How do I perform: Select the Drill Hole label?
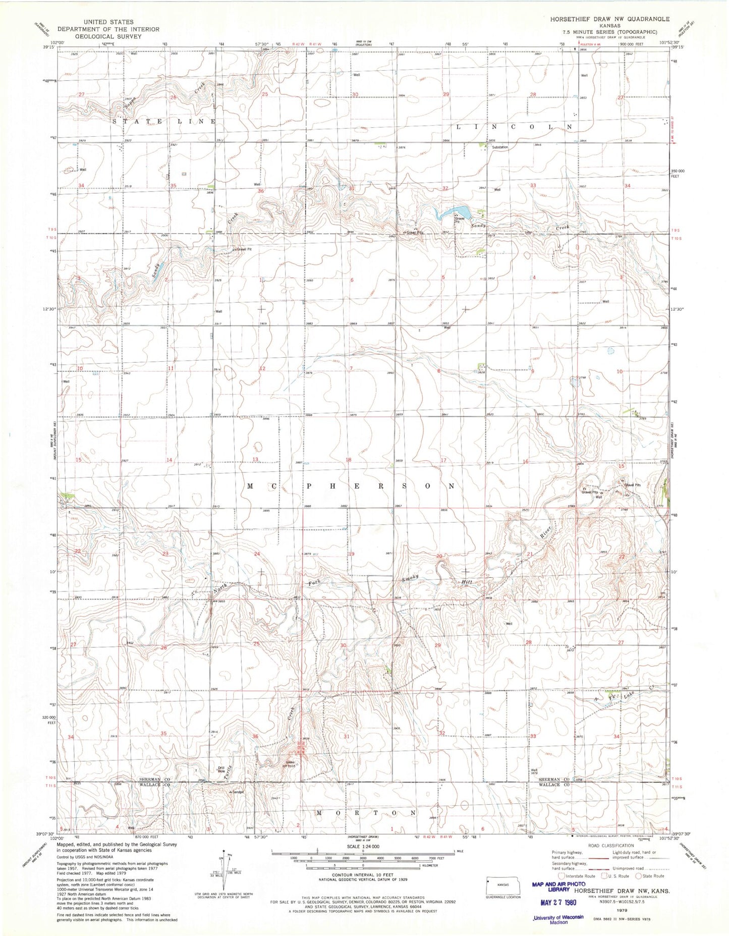(x=221, y=769)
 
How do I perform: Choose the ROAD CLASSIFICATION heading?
(x=611, y=846)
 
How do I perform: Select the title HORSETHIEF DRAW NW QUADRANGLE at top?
(x=610, y=19)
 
